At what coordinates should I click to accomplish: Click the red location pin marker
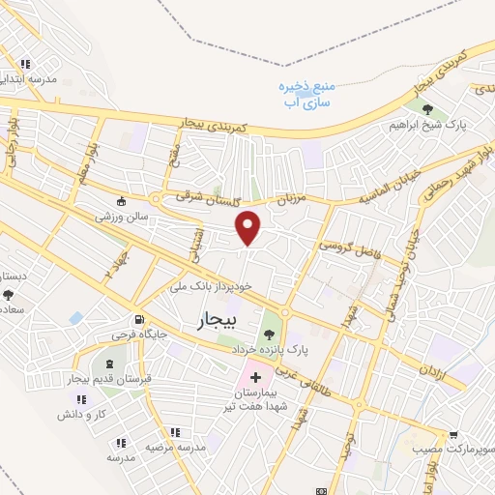pyautogui.click(x=249, y=227)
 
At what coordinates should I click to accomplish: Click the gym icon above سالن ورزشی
pyautogui.click(x=121, y=202)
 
